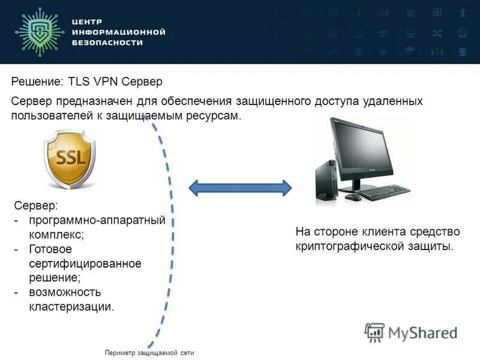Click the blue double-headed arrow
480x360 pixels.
[x=240, y=187]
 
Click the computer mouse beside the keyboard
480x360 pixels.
[x=352, y=197]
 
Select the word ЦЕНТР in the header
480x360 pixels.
[x=88, y=21]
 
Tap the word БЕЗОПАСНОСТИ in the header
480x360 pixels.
[x=107, y=43]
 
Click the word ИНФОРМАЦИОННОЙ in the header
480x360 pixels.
[x=118, y=32]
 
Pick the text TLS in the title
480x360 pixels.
[x=83, y=81]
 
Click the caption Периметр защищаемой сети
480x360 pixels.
[x=149, y=353]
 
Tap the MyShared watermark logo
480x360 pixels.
[x=412, y=332]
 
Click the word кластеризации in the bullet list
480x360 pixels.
[x=71, y=307]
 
